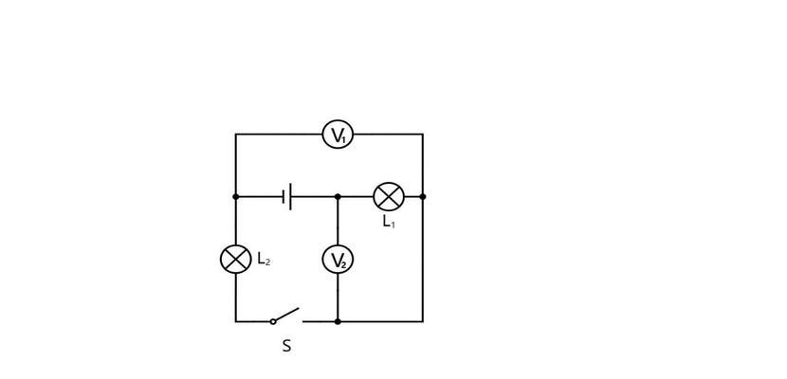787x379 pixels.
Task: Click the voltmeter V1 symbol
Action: click(x=338, y=135)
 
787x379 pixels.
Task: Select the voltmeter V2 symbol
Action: click(x=338, y=260)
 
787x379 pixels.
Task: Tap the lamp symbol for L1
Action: click(x=389, y=196)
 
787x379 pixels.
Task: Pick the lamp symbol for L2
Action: click(x=236, y=260)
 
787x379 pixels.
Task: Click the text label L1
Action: click(x=389, y=221)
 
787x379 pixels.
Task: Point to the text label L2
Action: click(x=264, y=259)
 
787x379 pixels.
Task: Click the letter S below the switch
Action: click(x=286, y=346)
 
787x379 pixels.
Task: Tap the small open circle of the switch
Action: click(x=273, y=321)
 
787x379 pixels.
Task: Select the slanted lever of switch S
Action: click(x=286, y=315)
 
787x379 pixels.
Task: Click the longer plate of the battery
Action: click(x=290, y=196)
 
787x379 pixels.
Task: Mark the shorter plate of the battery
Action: click(x=284, y=196)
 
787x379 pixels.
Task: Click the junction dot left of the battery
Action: click(x=236, y=196)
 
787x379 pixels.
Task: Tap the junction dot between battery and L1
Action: click(x=338, y=196)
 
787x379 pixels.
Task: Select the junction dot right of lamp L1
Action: click(x=423, y=196)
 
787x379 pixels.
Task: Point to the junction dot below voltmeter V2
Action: click(x=338, y=321)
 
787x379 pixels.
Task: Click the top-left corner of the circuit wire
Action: click(x=236, y=135)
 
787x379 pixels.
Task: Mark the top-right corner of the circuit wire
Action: click(x=423, y=135)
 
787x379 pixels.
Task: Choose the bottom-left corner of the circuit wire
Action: click(x=236, y=321)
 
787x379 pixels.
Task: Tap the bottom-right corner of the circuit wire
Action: click(x=423, y=321)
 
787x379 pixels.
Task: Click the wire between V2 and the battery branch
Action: click(x=338, y=221)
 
